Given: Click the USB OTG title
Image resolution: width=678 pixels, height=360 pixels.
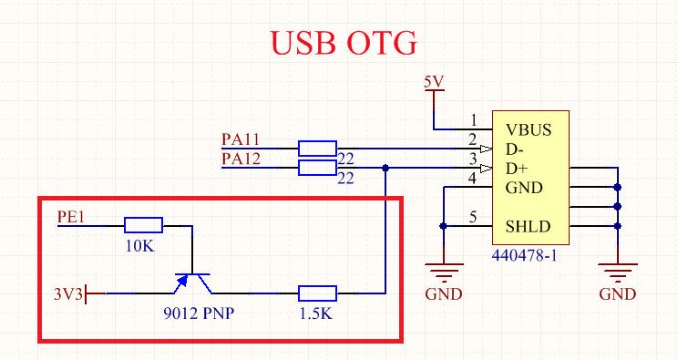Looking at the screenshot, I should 344,42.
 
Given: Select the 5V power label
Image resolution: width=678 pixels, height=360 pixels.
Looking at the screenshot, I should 434,82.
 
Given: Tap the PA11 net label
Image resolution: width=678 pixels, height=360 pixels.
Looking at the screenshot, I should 241,139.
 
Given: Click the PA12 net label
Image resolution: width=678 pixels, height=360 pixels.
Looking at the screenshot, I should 241,159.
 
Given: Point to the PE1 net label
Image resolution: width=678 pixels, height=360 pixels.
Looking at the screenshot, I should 71,217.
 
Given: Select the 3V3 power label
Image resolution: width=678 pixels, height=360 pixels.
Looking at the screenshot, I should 68,293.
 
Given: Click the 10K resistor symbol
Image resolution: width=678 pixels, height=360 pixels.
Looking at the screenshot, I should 143,225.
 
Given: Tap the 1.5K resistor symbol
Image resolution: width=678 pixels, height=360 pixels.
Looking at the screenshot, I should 317,293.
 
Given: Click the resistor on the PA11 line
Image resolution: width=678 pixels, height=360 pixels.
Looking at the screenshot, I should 317,148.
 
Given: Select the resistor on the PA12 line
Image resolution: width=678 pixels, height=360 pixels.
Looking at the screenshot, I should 317,168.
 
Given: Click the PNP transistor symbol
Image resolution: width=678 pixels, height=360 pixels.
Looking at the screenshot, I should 192,282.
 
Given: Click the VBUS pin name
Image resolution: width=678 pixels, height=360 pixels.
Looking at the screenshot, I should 529,129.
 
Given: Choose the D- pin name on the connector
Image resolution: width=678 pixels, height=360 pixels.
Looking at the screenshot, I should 516,149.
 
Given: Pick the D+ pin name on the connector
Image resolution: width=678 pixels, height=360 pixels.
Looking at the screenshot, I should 517,169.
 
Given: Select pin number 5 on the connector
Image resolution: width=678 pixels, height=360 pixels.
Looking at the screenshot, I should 472,217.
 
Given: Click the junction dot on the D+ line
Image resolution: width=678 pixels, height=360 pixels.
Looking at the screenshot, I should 386,168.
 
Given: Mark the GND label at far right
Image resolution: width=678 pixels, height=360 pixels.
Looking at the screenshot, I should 617,294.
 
